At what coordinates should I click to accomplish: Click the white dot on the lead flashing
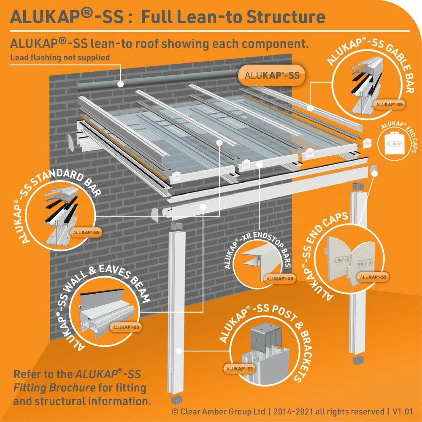point(120,84)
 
